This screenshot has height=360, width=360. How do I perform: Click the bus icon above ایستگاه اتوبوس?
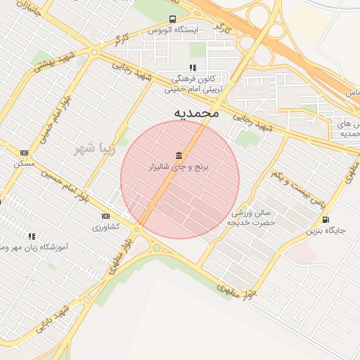(x=172, y=20)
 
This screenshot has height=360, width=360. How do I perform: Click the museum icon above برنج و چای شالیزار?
(x=179, y=155)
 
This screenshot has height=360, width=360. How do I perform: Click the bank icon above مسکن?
(x=24, y=153)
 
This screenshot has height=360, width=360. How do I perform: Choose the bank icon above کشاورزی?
(x=105, y=216)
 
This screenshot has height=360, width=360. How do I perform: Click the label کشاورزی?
(x=105, y=226)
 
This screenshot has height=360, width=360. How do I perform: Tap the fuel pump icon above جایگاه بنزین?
(x=325, y=219)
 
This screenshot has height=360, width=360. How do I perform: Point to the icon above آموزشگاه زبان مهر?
(x=31, y=237)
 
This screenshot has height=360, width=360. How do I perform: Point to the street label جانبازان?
(x=28, y=10)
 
